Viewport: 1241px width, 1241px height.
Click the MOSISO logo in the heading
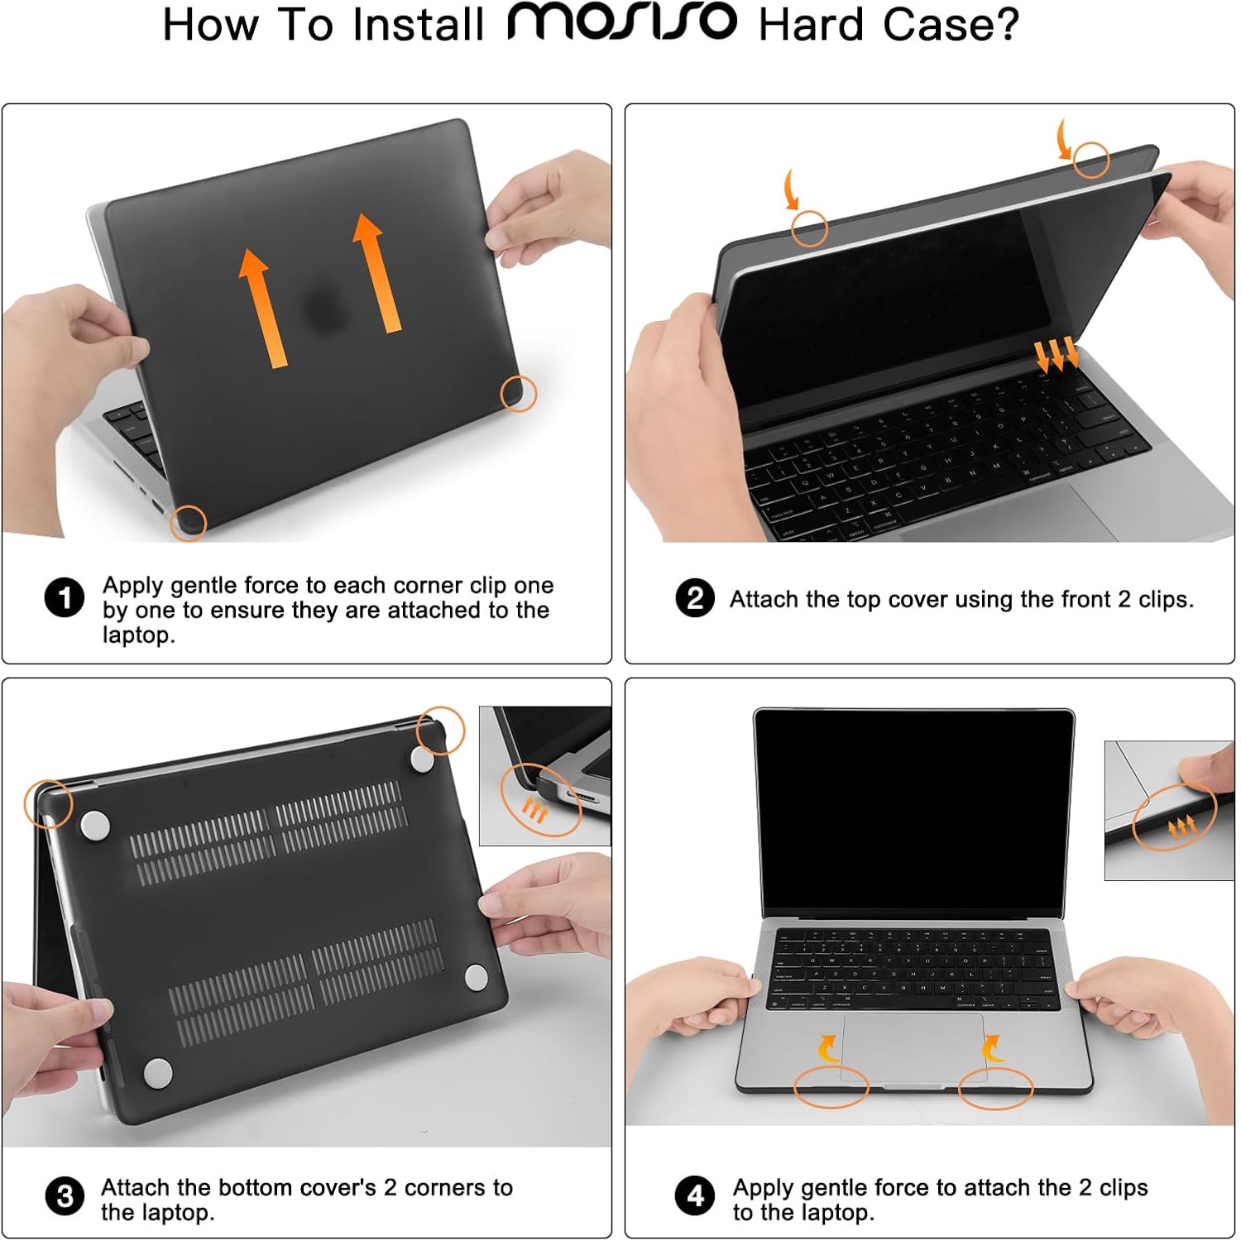click(x=621, y=22)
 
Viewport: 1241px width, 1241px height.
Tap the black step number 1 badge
click(x=65, y=598)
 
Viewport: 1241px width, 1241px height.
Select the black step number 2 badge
click(x=695, y=598)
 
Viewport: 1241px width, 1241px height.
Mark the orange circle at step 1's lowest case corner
click(x=189, y=523)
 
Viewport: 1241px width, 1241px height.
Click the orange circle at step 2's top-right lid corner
click(x=1091, y=160)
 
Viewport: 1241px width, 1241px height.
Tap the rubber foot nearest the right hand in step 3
click(x=476, y=977)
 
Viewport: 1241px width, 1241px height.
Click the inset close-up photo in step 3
click(x=544, y=775)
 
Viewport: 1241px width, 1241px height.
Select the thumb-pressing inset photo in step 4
click(x=1168, y=811)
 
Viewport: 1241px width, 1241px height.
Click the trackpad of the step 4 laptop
click(x=913, y=1047)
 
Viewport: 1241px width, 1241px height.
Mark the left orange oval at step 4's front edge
click(x=831, y=1087)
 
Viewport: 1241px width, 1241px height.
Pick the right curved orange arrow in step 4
click(x=991, y=1049)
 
